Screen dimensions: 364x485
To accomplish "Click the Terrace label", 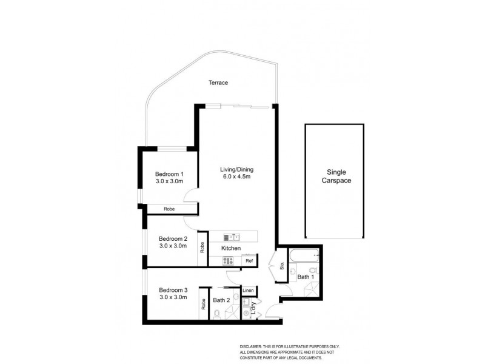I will pos(218,83).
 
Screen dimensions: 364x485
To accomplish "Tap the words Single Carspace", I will pos(335,176).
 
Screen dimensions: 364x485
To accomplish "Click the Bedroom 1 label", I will pos(170,174).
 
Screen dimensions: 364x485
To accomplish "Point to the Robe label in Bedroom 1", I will pos(169,209).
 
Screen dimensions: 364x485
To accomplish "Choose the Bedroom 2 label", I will pos(173,238).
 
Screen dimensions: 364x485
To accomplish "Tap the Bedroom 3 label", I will pos(173,289).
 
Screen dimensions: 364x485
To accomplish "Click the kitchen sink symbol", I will pos(232,237).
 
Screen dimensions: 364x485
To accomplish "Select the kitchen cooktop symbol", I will pos(229,260).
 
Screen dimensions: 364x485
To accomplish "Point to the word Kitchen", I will pos(231,249).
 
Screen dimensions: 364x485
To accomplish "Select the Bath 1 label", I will pos(305,277).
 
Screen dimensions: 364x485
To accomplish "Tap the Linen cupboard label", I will pos(248,291).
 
